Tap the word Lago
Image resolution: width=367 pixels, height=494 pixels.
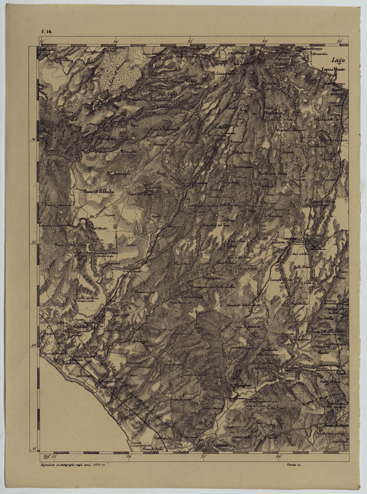tap(337, 60)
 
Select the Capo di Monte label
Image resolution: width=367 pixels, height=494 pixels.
tap(333, 70)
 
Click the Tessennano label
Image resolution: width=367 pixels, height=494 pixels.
tap(239, 165)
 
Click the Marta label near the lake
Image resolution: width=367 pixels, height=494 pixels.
tap(336, 91)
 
